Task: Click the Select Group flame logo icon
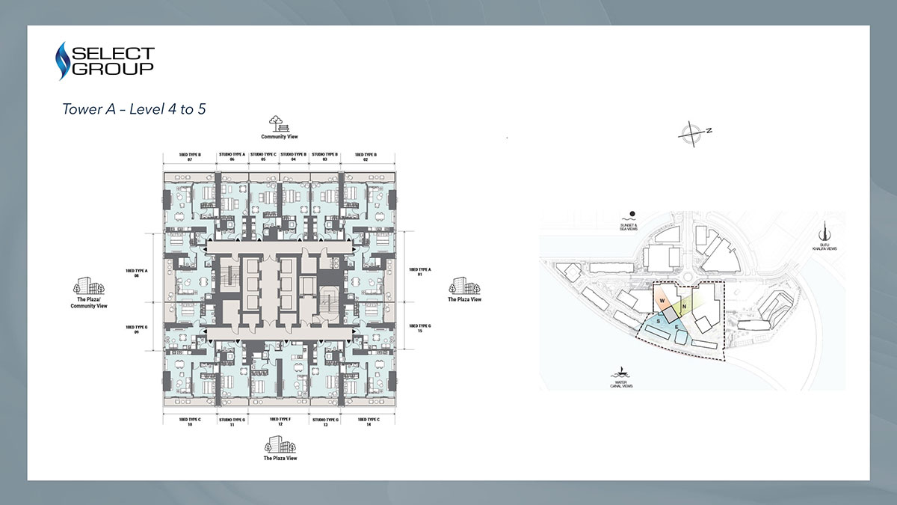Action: tap(63, 61)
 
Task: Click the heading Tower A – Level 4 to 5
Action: tap(134, 109)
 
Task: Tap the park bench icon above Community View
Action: tap(279, 123)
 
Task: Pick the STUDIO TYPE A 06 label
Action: tap(232, 157)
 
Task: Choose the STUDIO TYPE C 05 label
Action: tap(263, 157)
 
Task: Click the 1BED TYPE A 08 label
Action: tap(137, 271)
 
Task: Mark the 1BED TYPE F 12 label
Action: tap(280, 422)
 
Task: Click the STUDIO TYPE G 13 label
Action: tap(325, 422)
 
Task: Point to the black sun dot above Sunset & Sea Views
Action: tap(632, 213)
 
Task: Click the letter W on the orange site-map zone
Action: tap(662, 301)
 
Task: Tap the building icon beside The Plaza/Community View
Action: tap(83, 286)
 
